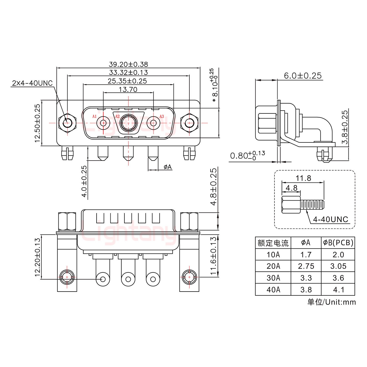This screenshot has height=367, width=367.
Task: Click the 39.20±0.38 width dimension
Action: (128, 64)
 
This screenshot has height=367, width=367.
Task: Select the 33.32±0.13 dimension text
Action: (128, 72)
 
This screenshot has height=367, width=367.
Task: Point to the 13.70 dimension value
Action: (128, 89)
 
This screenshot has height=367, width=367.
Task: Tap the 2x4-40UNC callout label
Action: (32, 83)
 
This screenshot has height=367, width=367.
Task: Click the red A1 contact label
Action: (94, 117)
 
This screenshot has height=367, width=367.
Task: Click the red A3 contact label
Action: (162, 117)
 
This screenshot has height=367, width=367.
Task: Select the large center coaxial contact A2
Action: (128, 123)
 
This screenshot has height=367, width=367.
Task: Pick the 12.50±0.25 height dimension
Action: (37, 123)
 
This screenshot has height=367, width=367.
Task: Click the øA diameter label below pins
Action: (167, 167)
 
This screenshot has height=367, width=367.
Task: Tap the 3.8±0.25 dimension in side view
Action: (345, 127)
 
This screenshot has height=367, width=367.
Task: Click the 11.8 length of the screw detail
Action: (303, 178)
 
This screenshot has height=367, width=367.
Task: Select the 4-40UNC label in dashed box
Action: (330, 219)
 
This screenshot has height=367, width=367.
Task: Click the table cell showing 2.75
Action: (306, 266)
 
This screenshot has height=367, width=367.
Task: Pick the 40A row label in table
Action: (273, 290)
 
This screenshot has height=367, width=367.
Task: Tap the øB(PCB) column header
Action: (338, 243)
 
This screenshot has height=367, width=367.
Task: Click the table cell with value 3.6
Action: (338, 278)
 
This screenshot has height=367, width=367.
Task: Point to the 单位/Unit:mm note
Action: (331, 302)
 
